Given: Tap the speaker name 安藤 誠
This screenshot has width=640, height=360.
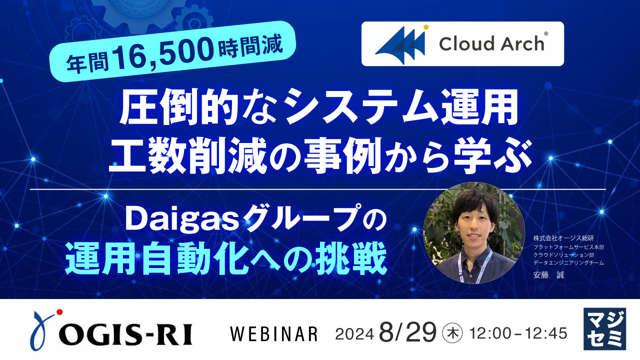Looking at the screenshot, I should (548, 275).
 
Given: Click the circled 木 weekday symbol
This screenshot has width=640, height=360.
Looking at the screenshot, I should (453, 332).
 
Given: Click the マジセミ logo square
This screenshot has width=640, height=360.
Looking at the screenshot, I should (604, 328).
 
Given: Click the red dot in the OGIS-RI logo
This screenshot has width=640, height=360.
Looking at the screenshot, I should (60, 313).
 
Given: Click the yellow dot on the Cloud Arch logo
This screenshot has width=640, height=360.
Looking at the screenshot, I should (426, 27).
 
